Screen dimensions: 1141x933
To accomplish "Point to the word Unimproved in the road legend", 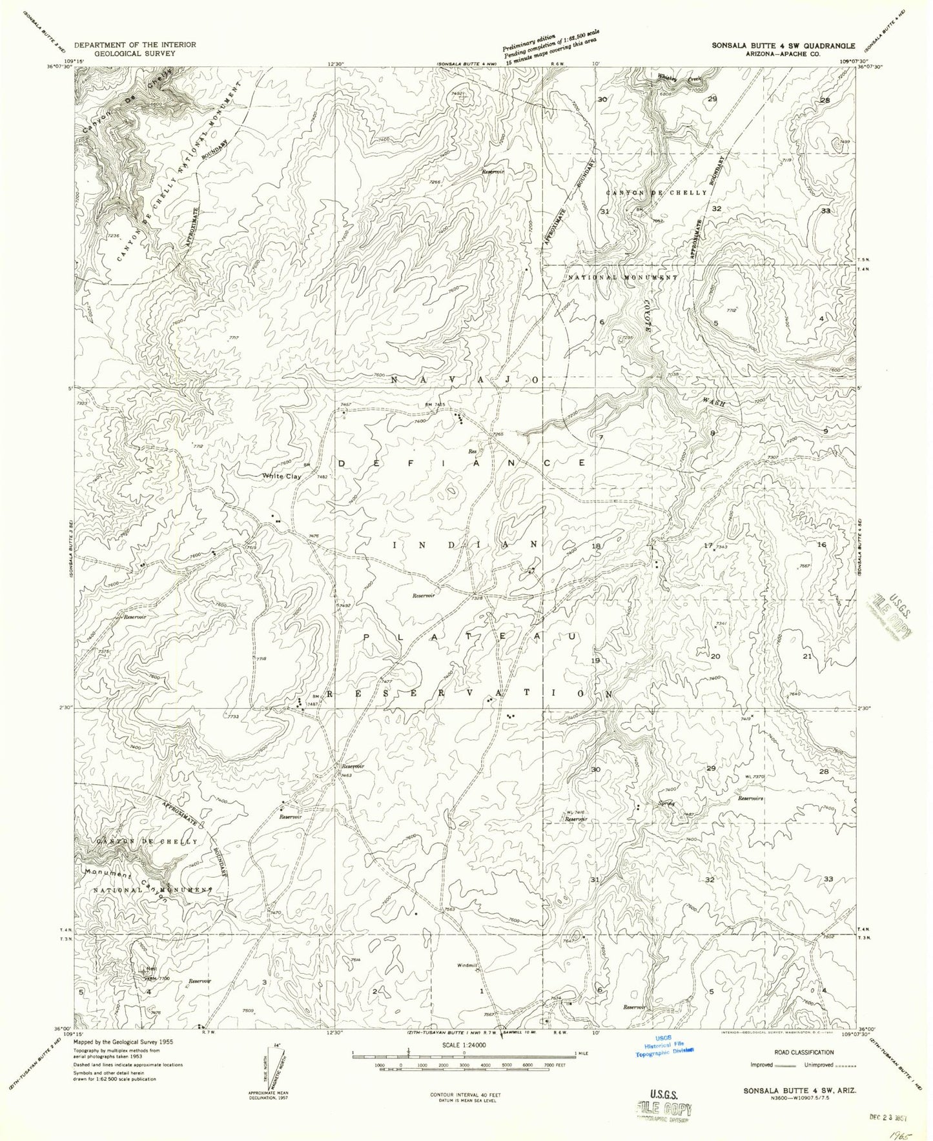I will pyautogui.click(x=818, y=1065).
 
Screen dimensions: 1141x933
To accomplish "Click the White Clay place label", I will pyautogui.click(x=282, y=477).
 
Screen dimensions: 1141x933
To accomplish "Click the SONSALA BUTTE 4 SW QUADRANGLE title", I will pyautogui.click(x=783, y=46).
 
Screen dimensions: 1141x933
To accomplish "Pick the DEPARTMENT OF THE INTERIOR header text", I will pyautogui.click(x=135, y=45).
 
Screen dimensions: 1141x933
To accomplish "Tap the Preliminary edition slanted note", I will pyautogui.click(x=551, y=47).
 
